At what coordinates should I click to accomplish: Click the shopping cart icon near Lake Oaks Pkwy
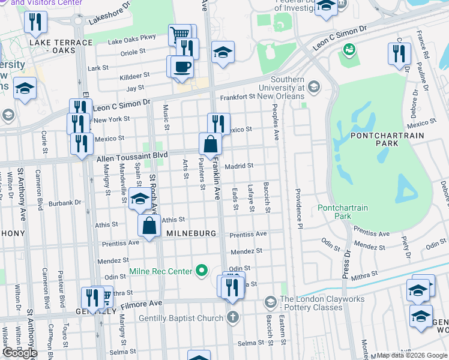point(182,35)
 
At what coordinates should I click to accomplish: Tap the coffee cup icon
point(182,67)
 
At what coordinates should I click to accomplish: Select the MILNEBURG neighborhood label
point(191,233)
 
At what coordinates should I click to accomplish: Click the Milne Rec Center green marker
point(202,272)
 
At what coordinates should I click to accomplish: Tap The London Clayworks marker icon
point(271,301)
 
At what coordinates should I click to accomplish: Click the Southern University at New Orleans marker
point(313,88)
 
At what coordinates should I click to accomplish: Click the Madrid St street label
point(240,166)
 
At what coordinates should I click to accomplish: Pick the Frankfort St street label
point(238,97)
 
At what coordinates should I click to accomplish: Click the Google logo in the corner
point(20,353)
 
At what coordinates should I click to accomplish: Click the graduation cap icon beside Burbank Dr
point(140,199)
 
